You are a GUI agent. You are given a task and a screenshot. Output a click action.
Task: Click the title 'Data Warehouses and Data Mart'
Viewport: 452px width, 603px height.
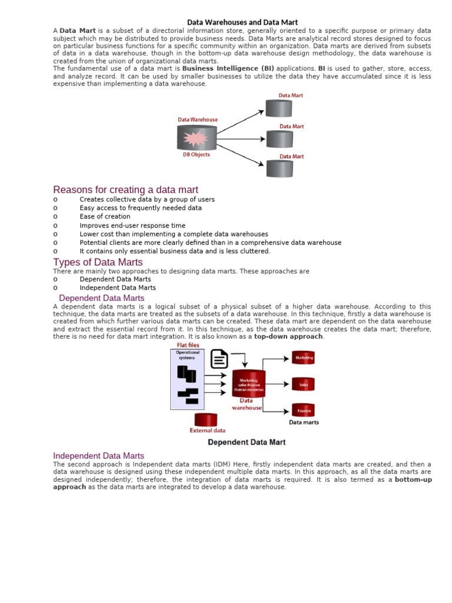[x=242, y=22]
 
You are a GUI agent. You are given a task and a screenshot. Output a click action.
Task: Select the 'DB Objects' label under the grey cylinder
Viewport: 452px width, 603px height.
[x=196, y=155]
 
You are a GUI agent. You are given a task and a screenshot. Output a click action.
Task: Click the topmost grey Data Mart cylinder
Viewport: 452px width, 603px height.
[x=278, y=108]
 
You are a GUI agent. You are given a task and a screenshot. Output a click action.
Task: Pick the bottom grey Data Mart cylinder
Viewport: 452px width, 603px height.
[x=280, y=169]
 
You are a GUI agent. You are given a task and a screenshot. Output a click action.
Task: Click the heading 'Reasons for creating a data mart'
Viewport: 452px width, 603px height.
[x=125, y=190]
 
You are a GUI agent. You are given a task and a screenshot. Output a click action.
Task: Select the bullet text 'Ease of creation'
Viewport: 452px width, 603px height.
[x=105, y=217]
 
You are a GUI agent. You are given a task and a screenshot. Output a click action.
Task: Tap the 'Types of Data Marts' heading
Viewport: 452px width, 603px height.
[x=98, y=262]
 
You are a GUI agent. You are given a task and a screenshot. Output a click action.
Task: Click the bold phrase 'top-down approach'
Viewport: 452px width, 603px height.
[x=288, y=337]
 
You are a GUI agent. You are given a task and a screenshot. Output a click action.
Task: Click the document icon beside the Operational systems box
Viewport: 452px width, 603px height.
[x=219, y=359]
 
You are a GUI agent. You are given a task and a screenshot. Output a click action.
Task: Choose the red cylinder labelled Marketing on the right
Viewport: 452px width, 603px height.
[x=304, y=358]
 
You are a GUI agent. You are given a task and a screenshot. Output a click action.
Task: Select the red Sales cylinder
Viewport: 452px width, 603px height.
[x=304, y=385]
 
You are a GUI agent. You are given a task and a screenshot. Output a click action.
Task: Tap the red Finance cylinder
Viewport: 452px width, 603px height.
[x=304, y=410]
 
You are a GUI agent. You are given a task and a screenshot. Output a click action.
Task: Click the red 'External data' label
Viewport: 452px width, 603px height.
[x=207, y=430]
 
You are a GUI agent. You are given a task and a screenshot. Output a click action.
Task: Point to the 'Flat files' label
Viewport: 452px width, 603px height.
[x=188, y=345]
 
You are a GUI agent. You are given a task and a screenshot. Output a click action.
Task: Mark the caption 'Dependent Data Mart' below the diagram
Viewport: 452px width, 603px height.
[x=247, y=442]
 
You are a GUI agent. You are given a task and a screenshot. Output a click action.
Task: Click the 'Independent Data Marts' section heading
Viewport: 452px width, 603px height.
[x=98, y=456]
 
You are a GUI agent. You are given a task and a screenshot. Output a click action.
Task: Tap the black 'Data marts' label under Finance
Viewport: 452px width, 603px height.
[x=304, y=422]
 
